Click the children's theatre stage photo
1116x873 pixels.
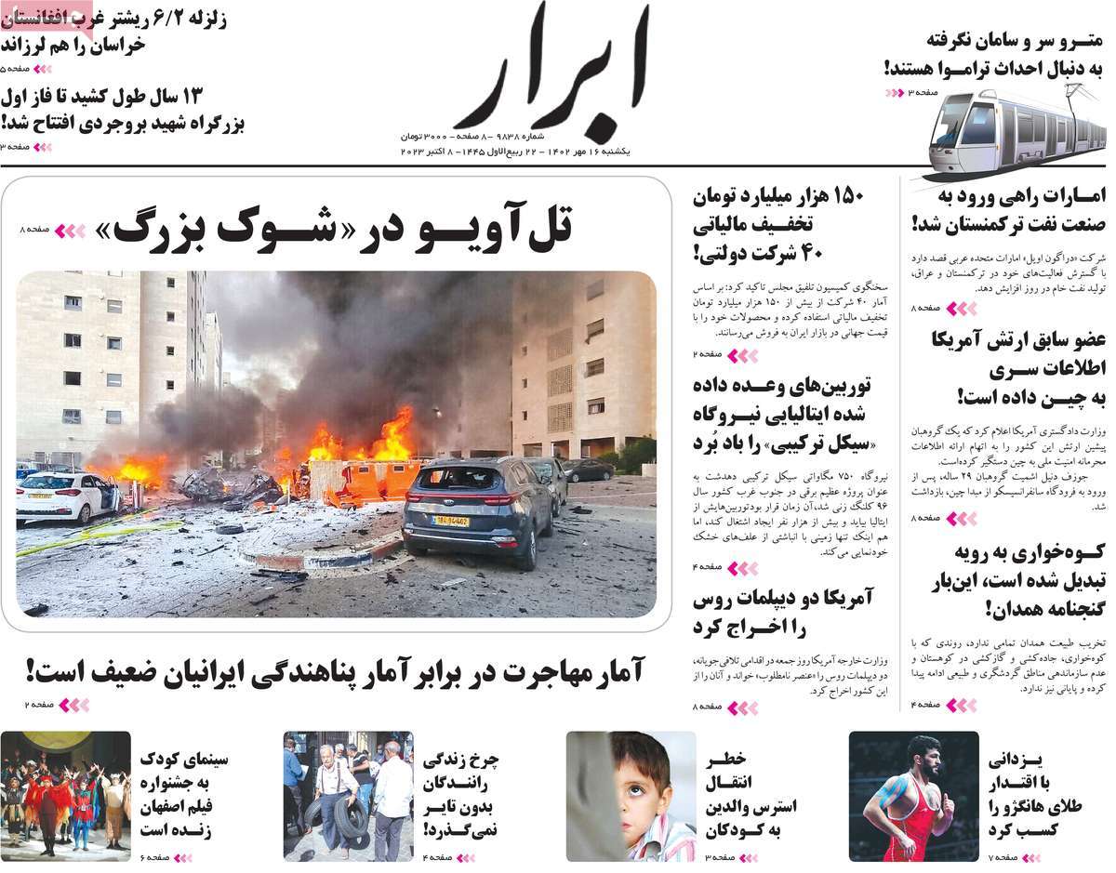(x=65, y=796)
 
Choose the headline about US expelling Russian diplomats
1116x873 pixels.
(x=782, y=612)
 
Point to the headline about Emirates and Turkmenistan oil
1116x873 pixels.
(x=1009, y=209)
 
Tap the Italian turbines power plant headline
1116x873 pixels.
(x=782, y=414)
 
